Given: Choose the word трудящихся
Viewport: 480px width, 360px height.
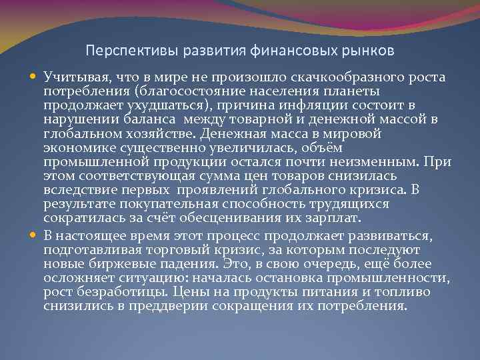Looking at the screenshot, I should [354, 204].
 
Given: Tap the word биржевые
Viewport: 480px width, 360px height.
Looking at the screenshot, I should [107, 263].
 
